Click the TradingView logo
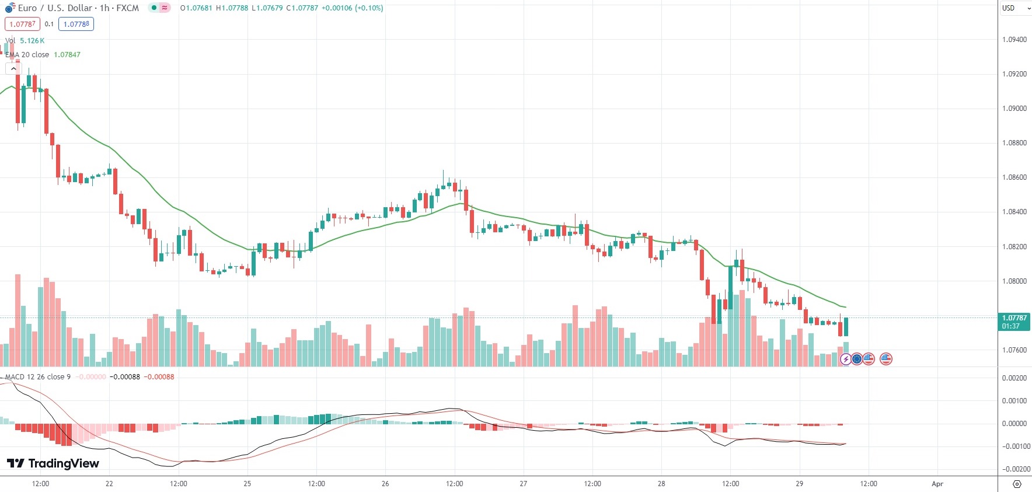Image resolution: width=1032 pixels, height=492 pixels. tap(53, 463)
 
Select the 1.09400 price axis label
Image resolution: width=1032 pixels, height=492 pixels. tap(1014, 40)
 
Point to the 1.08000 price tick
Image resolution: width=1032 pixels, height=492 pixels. tap(1014, 281)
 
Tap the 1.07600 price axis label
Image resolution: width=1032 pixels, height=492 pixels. tap(1014, 350)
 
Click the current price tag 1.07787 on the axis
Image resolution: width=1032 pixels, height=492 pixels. tap(1014, 318)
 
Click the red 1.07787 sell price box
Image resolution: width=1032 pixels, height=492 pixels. tap(22, 24)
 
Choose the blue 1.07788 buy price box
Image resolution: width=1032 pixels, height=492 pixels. tap(76, 24)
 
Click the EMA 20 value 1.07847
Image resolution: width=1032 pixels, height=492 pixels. tap(67, 55)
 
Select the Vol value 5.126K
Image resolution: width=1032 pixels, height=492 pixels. tap(32, 41)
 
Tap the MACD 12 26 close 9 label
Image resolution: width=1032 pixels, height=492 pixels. tap(38, 377)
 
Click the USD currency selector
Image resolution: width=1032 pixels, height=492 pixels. tap(1013, 8)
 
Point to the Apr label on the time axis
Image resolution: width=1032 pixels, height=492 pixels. tap(937, 484)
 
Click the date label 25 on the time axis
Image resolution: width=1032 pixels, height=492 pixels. tap(247, 484)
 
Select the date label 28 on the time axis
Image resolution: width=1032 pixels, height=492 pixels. tap(661, 484)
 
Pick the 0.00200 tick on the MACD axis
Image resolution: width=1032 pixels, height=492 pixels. tap(1014, 378)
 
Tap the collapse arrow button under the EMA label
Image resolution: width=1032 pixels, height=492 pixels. tap(13, 69)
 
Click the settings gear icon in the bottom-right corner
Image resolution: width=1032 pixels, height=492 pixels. tap(1017, 484)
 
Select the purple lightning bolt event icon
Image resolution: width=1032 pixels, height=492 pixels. tap(845, 359)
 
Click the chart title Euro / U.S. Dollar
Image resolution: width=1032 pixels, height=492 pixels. tap(55, 8)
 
